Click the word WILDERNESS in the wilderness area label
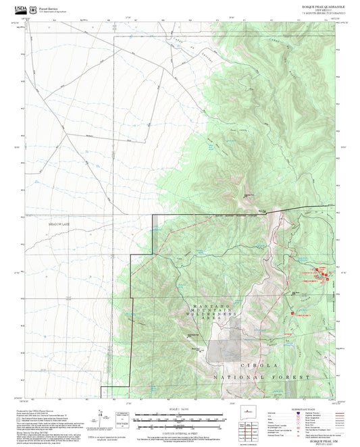215,314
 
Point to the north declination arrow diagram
100,417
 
